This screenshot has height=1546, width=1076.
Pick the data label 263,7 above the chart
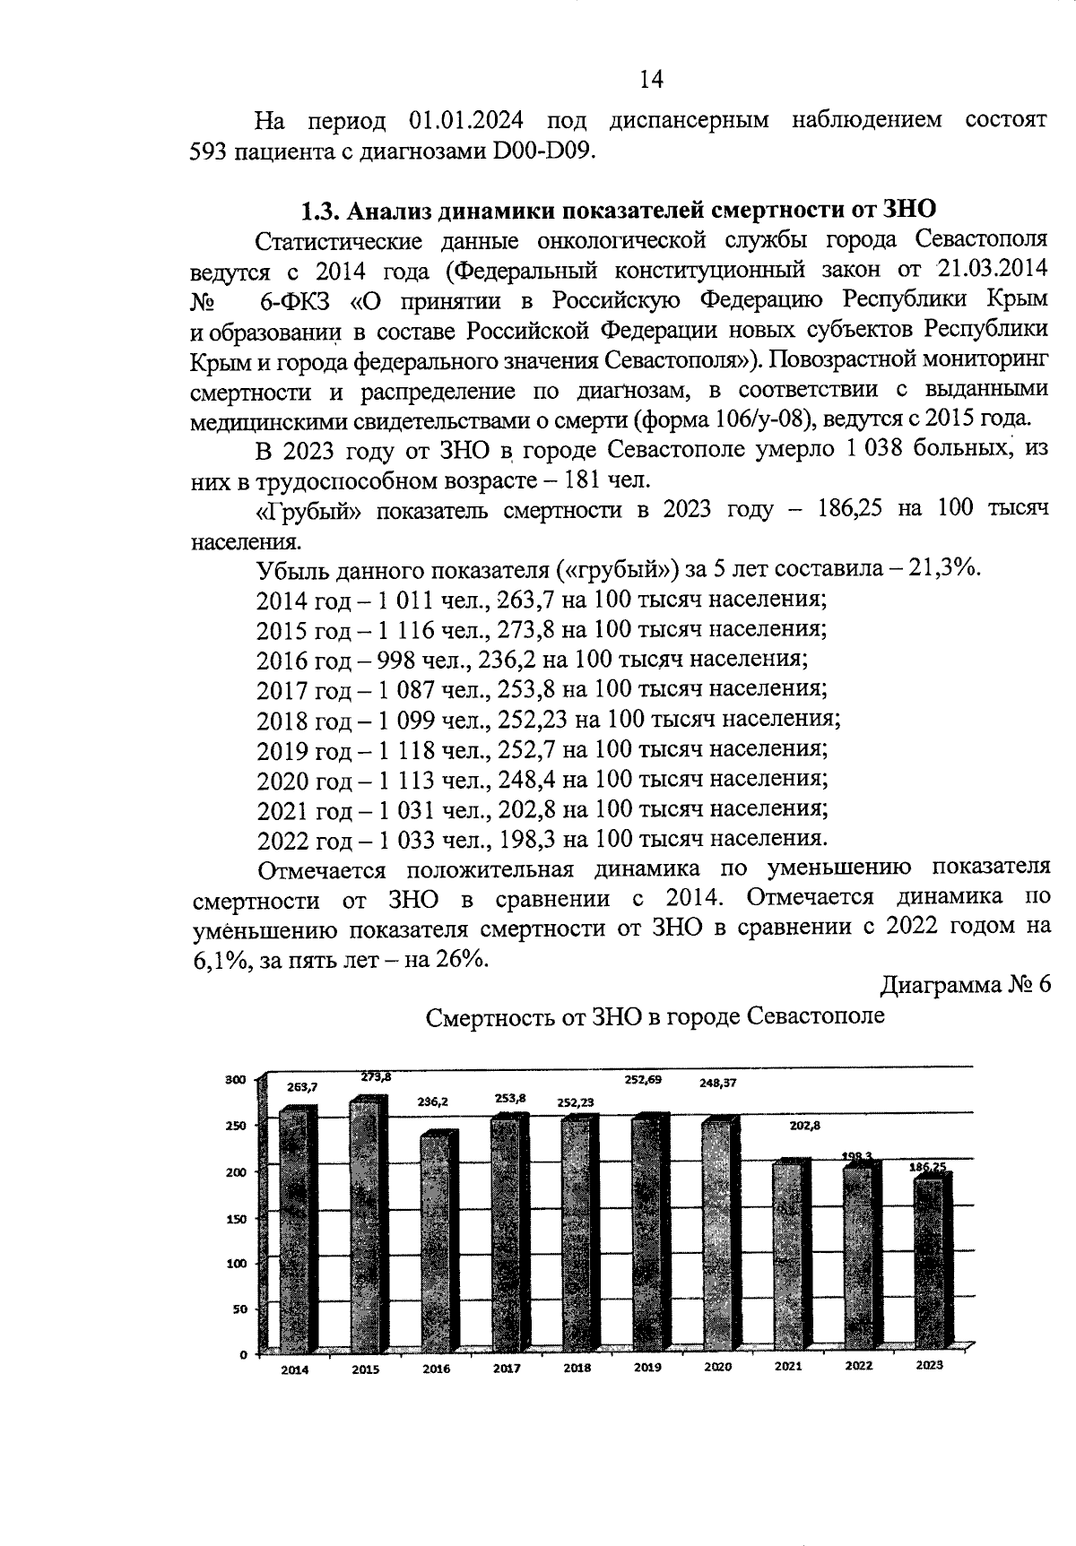302,1086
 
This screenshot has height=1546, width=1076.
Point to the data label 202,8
804,1126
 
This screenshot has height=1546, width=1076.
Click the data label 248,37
718,1082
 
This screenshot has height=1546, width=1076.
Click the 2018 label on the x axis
577,1369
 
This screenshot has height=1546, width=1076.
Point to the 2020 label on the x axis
717,1367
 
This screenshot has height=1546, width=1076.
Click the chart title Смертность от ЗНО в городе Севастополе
655,1017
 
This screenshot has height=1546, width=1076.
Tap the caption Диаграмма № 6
965,985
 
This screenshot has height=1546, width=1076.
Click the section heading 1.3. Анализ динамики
618,211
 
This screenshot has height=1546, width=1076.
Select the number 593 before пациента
211,151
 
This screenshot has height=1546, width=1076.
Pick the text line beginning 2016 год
533,660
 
